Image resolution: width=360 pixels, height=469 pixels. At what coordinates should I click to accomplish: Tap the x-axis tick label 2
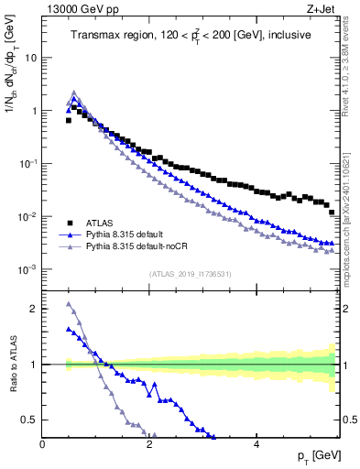click(x=149, y=444)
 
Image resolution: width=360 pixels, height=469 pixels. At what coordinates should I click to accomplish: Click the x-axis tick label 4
click(x=256, y=444)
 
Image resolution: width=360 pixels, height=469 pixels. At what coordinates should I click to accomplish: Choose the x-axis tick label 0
click(x=43, y=444)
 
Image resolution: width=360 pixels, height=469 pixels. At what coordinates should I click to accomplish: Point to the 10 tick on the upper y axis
click(x=31, y=57)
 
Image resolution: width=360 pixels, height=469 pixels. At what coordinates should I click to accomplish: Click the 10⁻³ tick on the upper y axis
click(x=27, y=270)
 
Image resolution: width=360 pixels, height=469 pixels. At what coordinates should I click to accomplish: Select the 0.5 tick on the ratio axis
click(x=29, y=420)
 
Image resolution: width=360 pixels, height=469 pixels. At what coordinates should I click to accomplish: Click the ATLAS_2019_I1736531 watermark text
click(x=190, y=275)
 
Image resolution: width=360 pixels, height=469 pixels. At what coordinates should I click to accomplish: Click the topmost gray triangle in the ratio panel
click(x=69, y=304)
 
